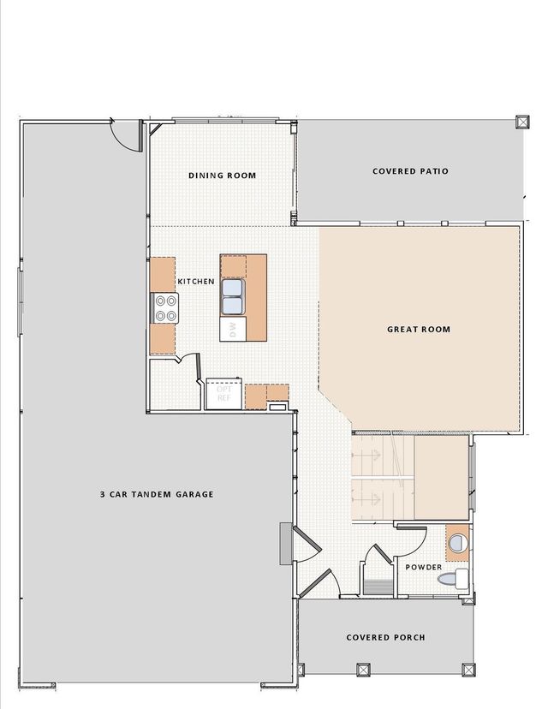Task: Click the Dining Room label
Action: click(x=222, y=176)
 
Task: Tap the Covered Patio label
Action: click(x=410, y=171)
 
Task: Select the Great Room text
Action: click(x=419, y=329)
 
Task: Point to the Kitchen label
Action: click(x=196, y=281)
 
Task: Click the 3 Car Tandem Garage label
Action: click(x=157, y=494)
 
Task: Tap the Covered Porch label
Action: click(x=385, y=637)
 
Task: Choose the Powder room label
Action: click(x=423, y=567)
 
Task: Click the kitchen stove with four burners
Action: click(x=164, y=308)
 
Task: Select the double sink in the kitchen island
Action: click(x=233, y=296)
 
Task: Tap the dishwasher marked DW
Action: click(x=233, y=329)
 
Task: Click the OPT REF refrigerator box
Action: click(x=223, y=393)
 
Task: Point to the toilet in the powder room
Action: click(x=453, y=579)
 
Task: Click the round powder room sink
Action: click(x=457, y=543)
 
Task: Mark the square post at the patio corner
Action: click(x=522, y=122)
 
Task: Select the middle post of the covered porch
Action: click(x=363, y=670)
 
